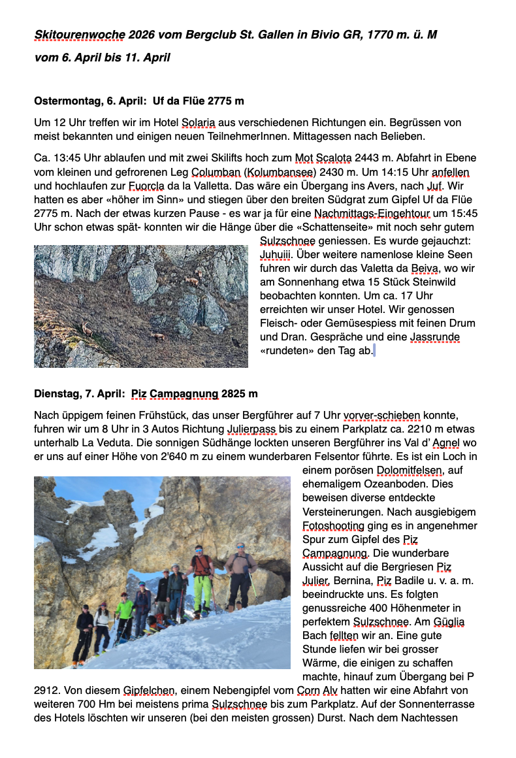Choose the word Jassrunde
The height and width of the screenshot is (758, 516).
pos(435,337)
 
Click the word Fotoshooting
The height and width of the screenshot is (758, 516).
pos(333,525)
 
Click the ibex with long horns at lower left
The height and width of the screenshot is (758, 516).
pos(87,327)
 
